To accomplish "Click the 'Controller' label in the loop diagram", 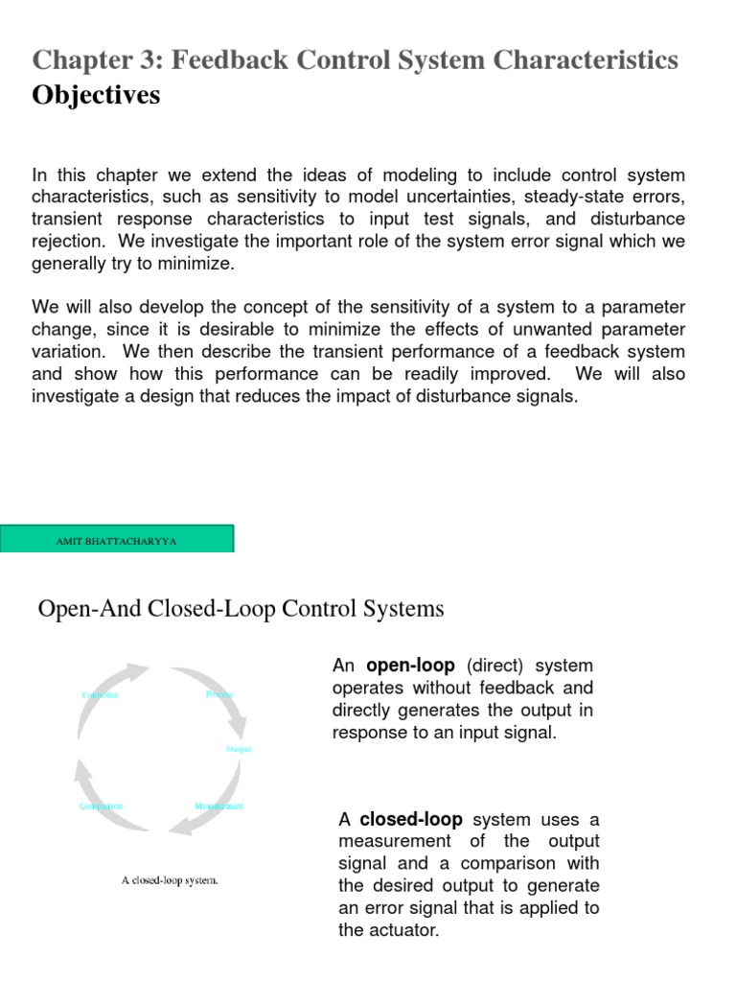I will pos(100,694).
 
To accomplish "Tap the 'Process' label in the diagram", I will pos(218,693).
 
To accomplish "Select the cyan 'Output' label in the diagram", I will pos(239,749).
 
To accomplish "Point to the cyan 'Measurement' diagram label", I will pos(218,807).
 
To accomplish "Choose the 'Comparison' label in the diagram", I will pos(101,807).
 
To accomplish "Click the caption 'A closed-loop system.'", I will pos(170,879).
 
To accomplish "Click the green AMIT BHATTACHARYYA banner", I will pos(117,540).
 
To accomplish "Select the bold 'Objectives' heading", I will pos(97,96).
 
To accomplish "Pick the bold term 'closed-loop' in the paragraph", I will pos(411,819).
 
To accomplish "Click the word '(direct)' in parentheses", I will pos(496,666).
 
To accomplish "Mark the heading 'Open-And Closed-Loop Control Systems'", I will pos(241,608).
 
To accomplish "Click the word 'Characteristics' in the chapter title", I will pos(584,60).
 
